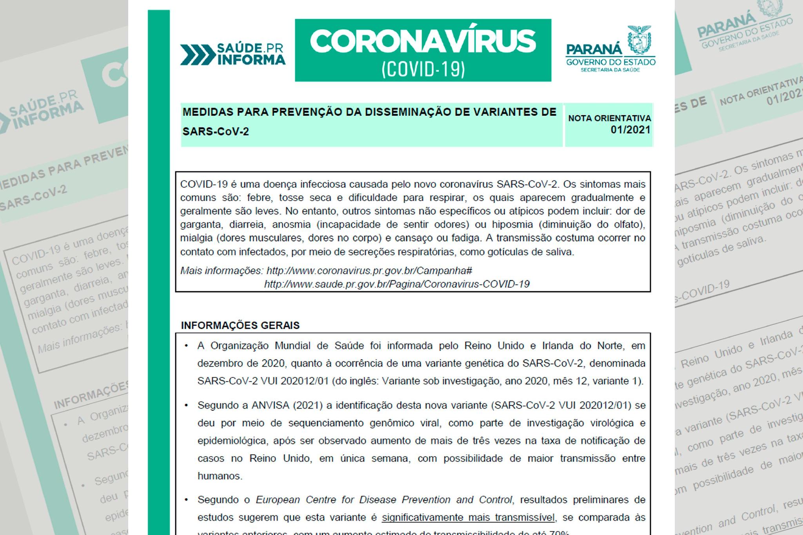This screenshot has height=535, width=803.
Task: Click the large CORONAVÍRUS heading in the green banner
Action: [x=423, y=42]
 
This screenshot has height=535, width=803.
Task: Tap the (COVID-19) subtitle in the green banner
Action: [x=423, y=69]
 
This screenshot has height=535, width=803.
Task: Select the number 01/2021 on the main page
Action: [x=630, y=130]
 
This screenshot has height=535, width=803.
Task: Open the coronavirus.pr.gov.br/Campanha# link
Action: [x=369, y=271]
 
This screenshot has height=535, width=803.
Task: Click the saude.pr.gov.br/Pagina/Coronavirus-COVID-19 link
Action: [x=397, y=284]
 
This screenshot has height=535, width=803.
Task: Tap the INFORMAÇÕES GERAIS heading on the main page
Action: [x=240, y=325]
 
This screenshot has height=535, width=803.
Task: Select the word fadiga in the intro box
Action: [x=467, y=238]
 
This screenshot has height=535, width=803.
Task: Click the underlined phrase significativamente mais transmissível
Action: [x=468, y=517]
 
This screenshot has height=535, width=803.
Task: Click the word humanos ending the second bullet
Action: [x=220, y=476]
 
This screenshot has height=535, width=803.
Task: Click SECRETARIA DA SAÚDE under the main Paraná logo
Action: [x=610, y=70]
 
